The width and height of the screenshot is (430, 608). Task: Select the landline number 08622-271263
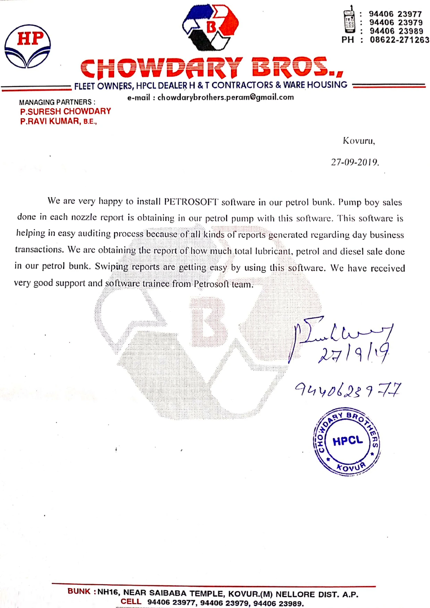coord(399,40)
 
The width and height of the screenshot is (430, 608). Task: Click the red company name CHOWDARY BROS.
coord(212,68)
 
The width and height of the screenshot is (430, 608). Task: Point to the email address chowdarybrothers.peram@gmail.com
coord(225,97)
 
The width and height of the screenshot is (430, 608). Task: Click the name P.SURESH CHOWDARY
coord(66,112)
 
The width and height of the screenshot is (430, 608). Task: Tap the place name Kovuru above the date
coord(359,141)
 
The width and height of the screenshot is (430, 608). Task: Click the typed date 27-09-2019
coord(355,162)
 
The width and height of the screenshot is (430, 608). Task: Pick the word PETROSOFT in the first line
coord(191,202)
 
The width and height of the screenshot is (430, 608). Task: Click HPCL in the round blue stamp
coord(347,441)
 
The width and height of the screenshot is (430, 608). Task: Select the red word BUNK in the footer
coord(79,591)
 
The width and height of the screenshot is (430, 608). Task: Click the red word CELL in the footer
coord(131,602)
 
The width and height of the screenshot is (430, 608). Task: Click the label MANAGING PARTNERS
coord(57,102)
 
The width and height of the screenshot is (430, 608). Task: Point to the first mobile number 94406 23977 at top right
coord(395,14)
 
